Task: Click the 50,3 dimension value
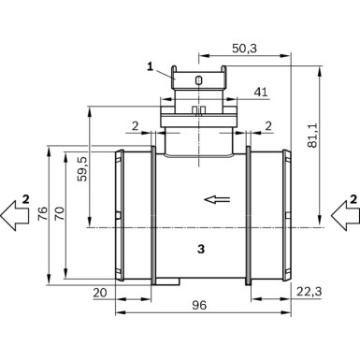coord(244,49)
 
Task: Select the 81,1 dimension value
coord(312,135)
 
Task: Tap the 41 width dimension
coord(261,92)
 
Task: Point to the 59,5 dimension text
coord(82,168)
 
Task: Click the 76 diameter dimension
coord(43,213)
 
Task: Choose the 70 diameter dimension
coord(60,213)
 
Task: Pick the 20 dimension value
coord(100,293)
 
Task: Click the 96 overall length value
coord(199,305)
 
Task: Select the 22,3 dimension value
coord(309,292)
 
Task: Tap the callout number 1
coord(151,66)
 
